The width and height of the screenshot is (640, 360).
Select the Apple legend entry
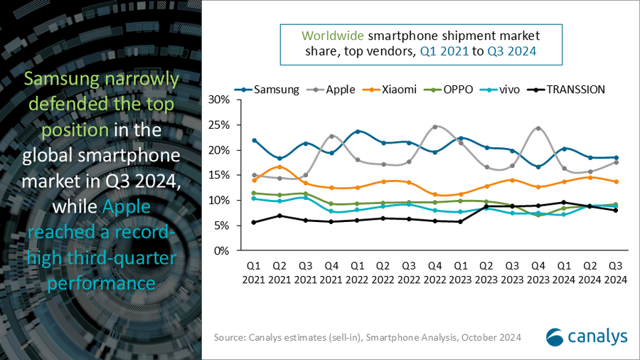(337, 89)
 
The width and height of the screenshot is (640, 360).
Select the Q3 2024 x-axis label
(616, 272)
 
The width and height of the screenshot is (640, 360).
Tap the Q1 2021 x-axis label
(254, 272)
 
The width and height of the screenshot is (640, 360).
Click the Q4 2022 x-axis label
(435, 272)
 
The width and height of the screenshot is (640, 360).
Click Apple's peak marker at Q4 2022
(435, 127)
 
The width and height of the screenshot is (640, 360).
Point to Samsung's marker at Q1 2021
(254, 140)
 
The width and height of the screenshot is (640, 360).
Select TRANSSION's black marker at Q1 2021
(254, 222)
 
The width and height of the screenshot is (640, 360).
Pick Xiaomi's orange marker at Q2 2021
(280, 166)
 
